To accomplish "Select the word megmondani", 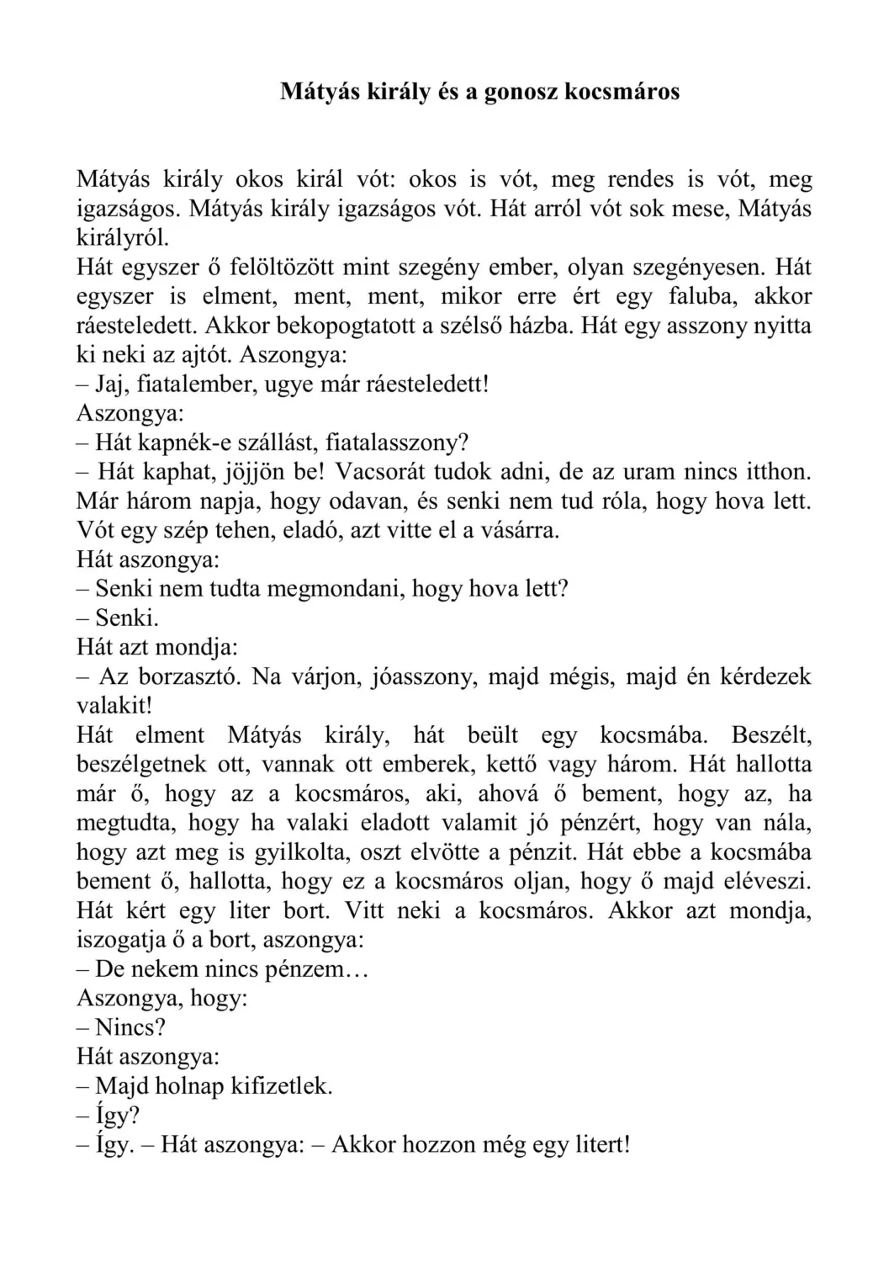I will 335,588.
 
